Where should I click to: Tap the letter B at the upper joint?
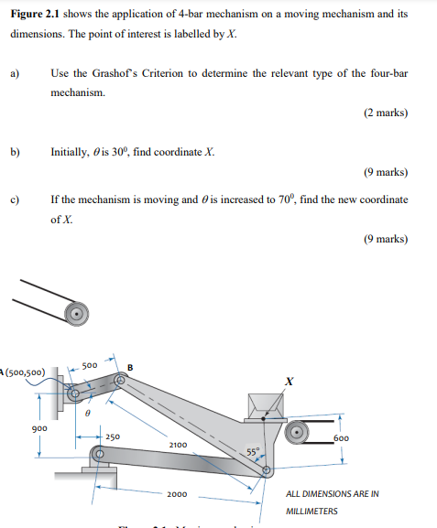click(x=129, y=368)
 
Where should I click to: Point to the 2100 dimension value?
click(x=178, y=445)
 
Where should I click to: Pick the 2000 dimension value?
click(x=178, y=495)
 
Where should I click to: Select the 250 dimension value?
click(x=112, y=437)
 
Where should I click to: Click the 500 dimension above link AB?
click(x=90, y=365)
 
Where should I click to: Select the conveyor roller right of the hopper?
click(x=298, y=432)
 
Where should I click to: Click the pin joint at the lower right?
click(x=266, y=472)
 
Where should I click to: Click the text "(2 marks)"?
click(x=385, y=113)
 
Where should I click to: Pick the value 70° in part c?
click(x=288, y=199)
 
